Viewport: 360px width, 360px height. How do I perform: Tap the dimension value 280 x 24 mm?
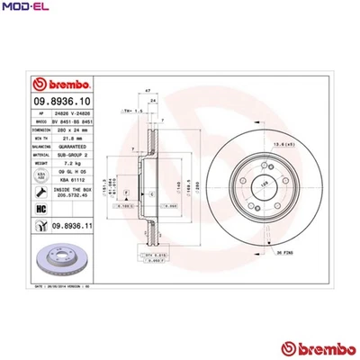coord(70,129)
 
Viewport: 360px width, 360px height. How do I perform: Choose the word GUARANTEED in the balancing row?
coord(70,146)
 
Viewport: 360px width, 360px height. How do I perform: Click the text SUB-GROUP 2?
coord(70,155)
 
